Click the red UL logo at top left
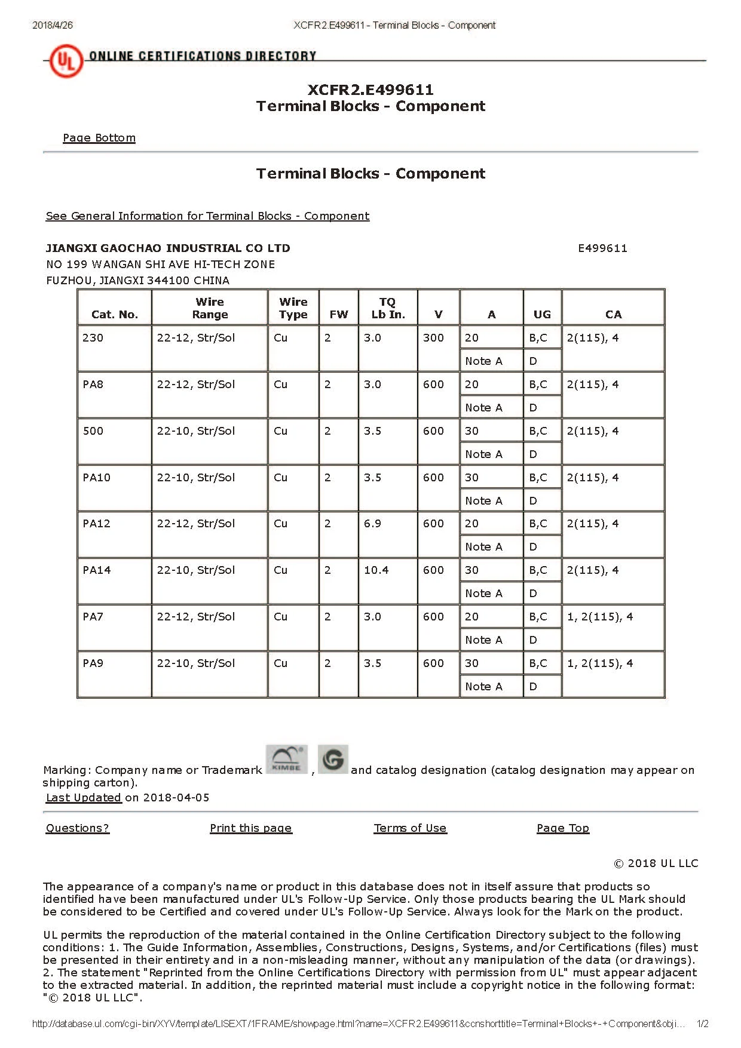pos(65,61)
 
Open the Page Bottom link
pos(99,138)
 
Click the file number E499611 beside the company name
pos(602,248)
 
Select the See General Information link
pos(207,216)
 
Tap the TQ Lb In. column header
pos(388,308)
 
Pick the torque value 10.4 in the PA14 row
pos(376,570)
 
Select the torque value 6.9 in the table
pos(373,524)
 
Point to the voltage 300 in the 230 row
pos(433,338)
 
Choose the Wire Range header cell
pos(210,308)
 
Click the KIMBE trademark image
pos(286,760)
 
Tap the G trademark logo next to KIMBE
pos(333,760)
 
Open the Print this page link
pos(251,828)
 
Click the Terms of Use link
pos(410,828)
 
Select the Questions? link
pos(78,828)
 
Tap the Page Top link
pos(563,828)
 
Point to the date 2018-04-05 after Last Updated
pos(176,798)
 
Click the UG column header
pos(542,315)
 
